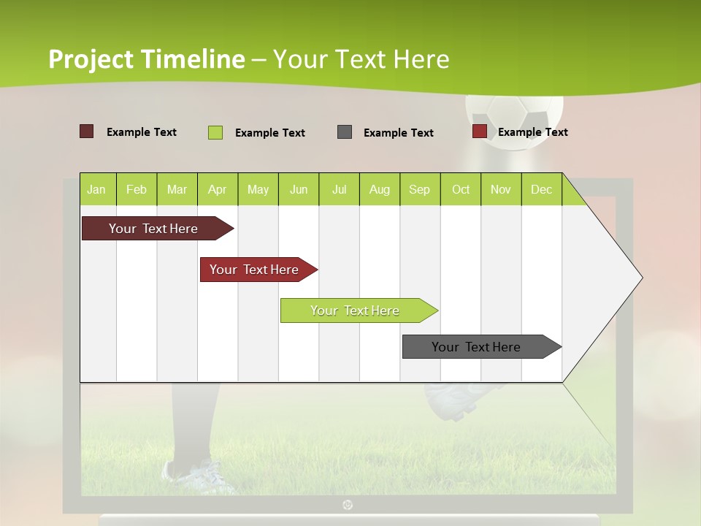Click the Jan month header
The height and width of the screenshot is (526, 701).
pyautogui.click(x=96, y=189)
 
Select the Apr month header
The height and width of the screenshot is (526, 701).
pyautogui.click(x=217, y=189)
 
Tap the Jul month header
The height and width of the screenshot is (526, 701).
pyautogui.click(x=339, y=189)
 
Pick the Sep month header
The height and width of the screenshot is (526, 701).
pyautogui.click(x=419, y=189)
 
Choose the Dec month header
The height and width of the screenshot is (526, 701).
pyautogui.click(x=541, y=189)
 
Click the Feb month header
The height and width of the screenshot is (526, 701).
pyautogui.click(x=137, y=189)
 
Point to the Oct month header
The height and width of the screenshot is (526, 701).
pyautogui.click(x=461, y=189)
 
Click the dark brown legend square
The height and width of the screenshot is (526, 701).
pyautogui.click(x=87, y=131)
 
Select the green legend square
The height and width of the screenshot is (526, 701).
pyautogui.click(x=215, y=132)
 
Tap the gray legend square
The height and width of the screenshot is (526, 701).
pyautogui.click(x=345, y=131)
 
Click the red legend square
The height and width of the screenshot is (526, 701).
pyautogui.click(x=480, y=131)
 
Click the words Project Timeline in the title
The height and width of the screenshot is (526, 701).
pyautogui.click(x=147, y=59)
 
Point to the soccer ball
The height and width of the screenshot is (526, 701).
pyautogui.click(x=515, y=117)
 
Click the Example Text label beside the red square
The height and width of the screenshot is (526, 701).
pyautogui.click(x=533, y=132)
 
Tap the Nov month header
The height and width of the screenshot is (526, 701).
pyautogui.click(x=501, y=189)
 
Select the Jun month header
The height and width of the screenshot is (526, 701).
pyautogui.click(x=299, y=189)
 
